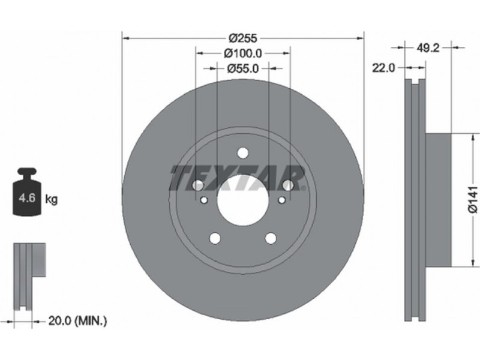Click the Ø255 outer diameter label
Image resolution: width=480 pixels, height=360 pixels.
click(x=243, y=38)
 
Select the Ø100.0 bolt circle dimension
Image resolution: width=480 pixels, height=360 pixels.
click(x=243, y=53)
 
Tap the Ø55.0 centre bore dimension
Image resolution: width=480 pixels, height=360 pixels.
click(x=243, y=68)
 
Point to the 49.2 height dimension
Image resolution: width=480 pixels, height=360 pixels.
click(x=428, y=48)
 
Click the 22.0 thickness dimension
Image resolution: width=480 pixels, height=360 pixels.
click(x=383, y=68)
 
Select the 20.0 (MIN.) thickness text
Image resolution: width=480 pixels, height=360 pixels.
click(x=78, y=321)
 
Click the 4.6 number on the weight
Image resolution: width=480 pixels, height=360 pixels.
click(x=27, y=198)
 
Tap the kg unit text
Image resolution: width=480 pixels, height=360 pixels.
click(x=51, y=199)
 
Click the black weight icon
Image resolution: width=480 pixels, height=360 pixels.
click(x=27, y=191)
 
